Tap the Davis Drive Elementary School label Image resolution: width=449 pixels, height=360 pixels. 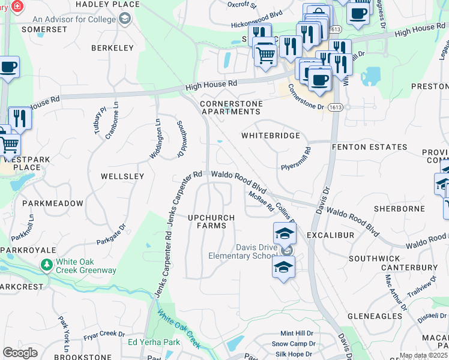pyautogui.click(x=241, y=251)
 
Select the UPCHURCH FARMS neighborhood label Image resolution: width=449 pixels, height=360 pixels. pyautogui.click(x=207, y=221)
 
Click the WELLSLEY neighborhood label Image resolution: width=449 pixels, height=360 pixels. pyautogui.click(x=122, y=176)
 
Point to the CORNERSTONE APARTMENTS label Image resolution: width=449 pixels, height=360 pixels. pyautogui.click(x=231, y=107)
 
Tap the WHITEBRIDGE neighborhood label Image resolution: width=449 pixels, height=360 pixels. pyautogui.click(x=270, y=136)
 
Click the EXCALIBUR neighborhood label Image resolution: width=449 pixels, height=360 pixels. pyautogui.click(x=330, y=235)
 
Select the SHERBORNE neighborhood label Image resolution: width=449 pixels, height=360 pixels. pyautogui.click(x=399, y=209)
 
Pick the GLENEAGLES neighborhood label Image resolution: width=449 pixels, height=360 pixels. pyautogui.click(x=375, y=316)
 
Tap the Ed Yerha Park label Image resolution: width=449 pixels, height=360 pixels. pyautogui.click(x=154, y=342)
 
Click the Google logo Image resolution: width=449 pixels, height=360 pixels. pyautogui.click(x=20, y=353)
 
